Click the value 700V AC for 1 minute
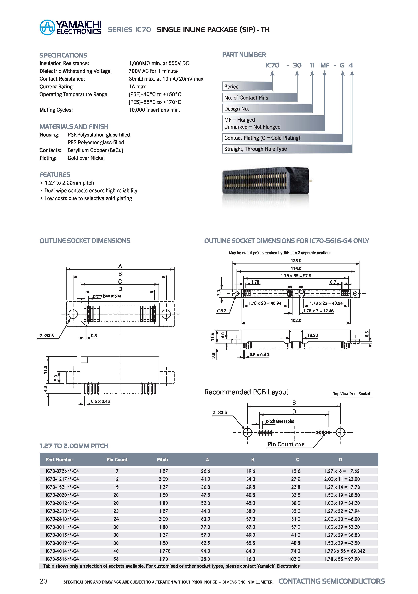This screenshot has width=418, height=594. pos(153,71)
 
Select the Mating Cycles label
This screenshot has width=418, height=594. pos(56,110)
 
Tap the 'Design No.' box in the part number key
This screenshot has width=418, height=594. pos(267,109)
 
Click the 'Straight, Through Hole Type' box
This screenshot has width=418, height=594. pos(287,149)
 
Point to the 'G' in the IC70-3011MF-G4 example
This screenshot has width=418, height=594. pos(342,65)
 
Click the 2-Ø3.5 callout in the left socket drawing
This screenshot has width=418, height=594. pos(47,336)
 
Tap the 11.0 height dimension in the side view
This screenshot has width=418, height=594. pos(45,370)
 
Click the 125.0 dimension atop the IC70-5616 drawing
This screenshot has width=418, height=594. pos(296,261)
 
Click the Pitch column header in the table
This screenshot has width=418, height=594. pos(162,460)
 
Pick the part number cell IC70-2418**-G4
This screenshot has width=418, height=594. pos(62,519)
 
